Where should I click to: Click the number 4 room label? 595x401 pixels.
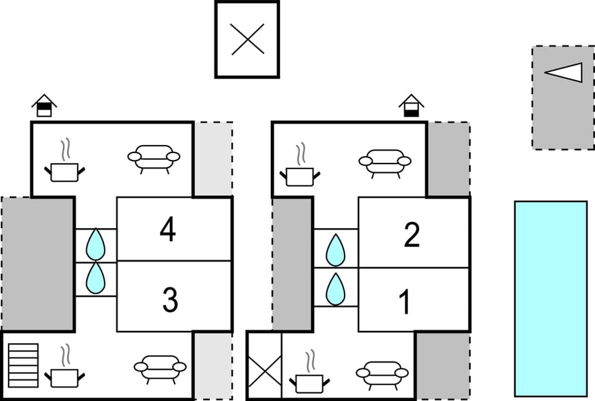167,230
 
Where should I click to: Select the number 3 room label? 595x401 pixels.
170,300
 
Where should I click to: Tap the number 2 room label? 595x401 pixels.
412,235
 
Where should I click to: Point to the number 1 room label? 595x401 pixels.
405,302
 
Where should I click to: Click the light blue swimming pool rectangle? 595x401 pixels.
550,298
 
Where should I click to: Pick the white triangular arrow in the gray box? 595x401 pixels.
565,73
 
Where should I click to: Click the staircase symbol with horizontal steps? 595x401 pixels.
24,365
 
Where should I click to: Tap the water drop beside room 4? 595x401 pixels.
95,244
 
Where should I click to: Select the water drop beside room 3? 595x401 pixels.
95,278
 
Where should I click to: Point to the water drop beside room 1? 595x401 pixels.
335,289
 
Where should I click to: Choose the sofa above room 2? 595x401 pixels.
385,163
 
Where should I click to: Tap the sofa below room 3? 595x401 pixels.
160,369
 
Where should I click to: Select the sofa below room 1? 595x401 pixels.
382,374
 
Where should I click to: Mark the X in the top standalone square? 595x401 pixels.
247,40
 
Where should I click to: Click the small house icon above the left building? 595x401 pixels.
44,105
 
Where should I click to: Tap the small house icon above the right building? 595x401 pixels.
411,105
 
